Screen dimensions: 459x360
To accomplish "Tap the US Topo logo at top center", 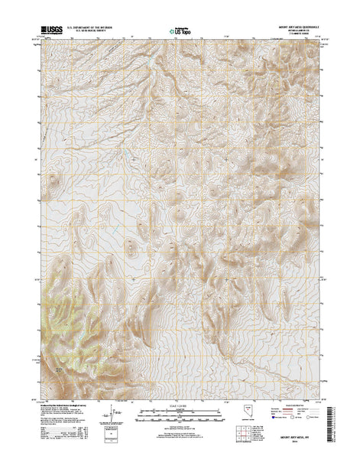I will pos(180,31).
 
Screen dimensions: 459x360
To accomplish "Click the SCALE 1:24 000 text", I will pos(180,405).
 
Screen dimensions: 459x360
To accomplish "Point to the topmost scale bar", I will pos(180,412).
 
